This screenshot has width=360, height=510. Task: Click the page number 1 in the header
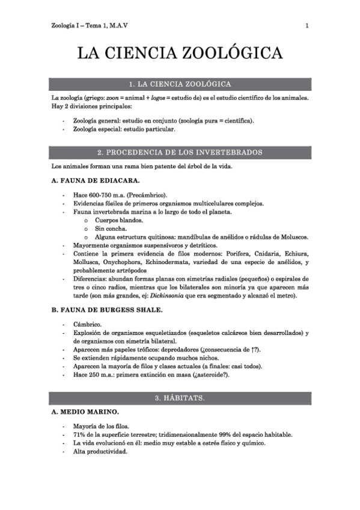point(307,26)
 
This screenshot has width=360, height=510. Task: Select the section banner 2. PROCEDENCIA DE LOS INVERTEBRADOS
point(180,152)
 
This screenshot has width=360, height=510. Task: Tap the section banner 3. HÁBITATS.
point(180,398)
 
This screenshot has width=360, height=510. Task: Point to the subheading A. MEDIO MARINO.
point(85,412)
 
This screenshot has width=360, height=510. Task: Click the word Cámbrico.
point(87,325)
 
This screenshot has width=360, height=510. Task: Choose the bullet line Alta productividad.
point(100,452)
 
